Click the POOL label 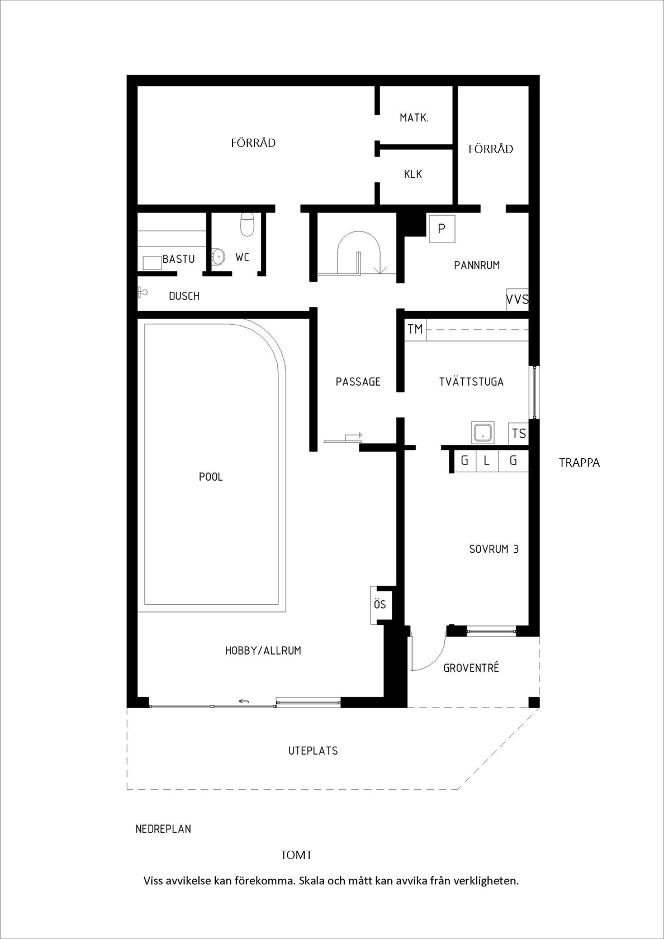(211, 477)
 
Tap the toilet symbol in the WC (247, 224)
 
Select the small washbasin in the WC (218, 257)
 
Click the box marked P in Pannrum (442, 229)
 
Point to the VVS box (518, 300)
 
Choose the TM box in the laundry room (415, 329)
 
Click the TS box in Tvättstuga (518, 434)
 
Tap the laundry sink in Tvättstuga (483, 433)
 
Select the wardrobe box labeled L (487, 461)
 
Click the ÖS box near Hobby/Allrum (380, 605)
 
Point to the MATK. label (414, 118)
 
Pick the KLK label (413, 174)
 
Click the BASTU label (179, 259)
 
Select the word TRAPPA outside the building (579, 463)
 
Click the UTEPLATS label (313, 750)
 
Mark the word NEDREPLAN (163, 829)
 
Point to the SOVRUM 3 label (494, 549)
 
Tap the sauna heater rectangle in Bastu (152, 263)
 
